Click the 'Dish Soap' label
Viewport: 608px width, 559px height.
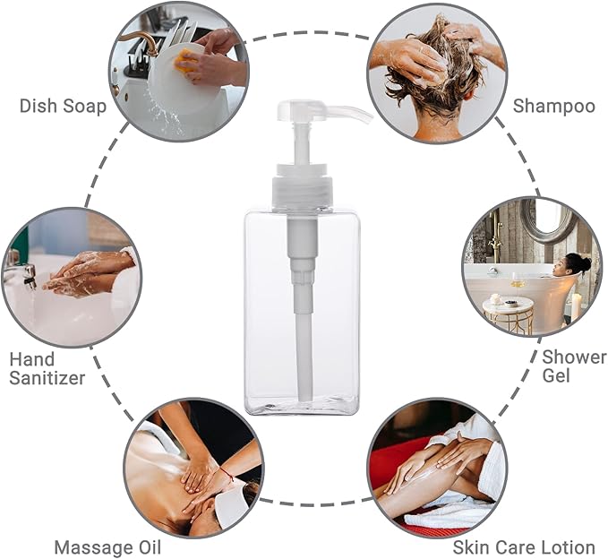[63, 107]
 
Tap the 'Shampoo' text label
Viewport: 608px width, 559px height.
[553, 107]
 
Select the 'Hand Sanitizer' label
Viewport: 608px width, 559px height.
[47, 368]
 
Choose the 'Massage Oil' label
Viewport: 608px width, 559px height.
[107, 546]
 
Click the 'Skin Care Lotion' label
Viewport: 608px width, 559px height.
[524, 546]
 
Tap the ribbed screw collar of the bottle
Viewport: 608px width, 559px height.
[302, 191]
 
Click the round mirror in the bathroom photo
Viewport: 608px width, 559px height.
[547, 222]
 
